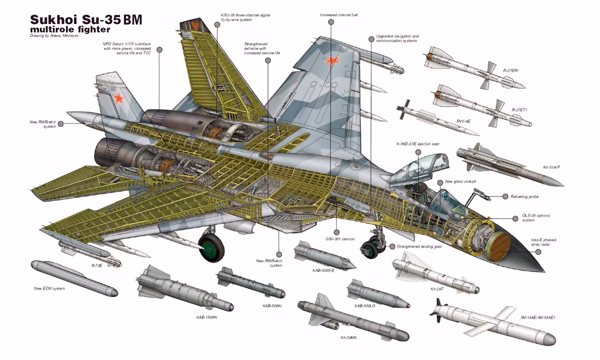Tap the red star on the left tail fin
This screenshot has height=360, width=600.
pos(118,98)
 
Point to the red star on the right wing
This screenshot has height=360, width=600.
pos(331,61)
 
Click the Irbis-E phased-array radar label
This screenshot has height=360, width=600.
pos(544,242)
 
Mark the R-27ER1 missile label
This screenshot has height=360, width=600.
pos(511,70)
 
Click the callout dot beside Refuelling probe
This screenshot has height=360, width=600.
pos(505,197)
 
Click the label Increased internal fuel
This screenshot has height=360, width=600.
pos(339,15)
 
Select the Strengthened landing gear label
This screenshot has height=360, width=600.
pos(419,246)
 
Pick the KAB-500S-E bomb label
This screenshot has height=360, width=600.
pos(323,270)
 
